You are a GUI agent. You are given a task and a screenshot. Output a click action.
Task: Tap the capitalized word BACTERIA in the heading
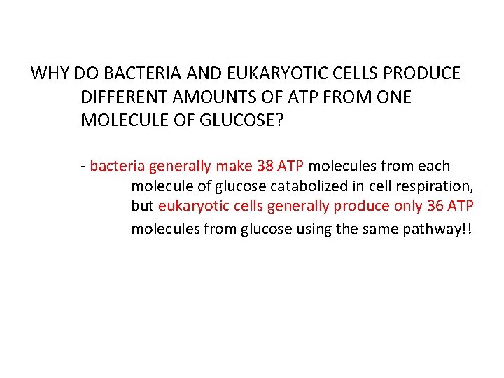click(130, 73)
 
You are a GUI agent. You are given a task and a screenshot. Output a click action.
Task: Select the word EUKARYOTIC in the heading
click(250, 73)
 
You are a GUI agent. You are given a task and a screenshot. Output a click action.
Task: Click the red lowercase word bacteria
click(118, 167)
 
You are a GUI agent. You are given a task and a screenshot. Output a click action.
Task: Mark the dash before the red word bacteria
click(83, 167)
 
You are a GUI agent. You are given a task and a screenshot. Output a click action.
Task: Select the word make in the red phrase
click(232, 167)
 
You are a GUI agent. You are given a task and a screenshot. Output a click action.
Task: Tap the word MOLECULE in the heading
click(119, 120)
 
